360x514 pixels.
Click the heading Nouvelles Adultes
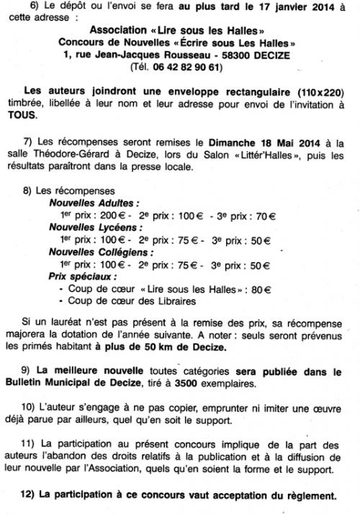(x=94, y=204)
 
